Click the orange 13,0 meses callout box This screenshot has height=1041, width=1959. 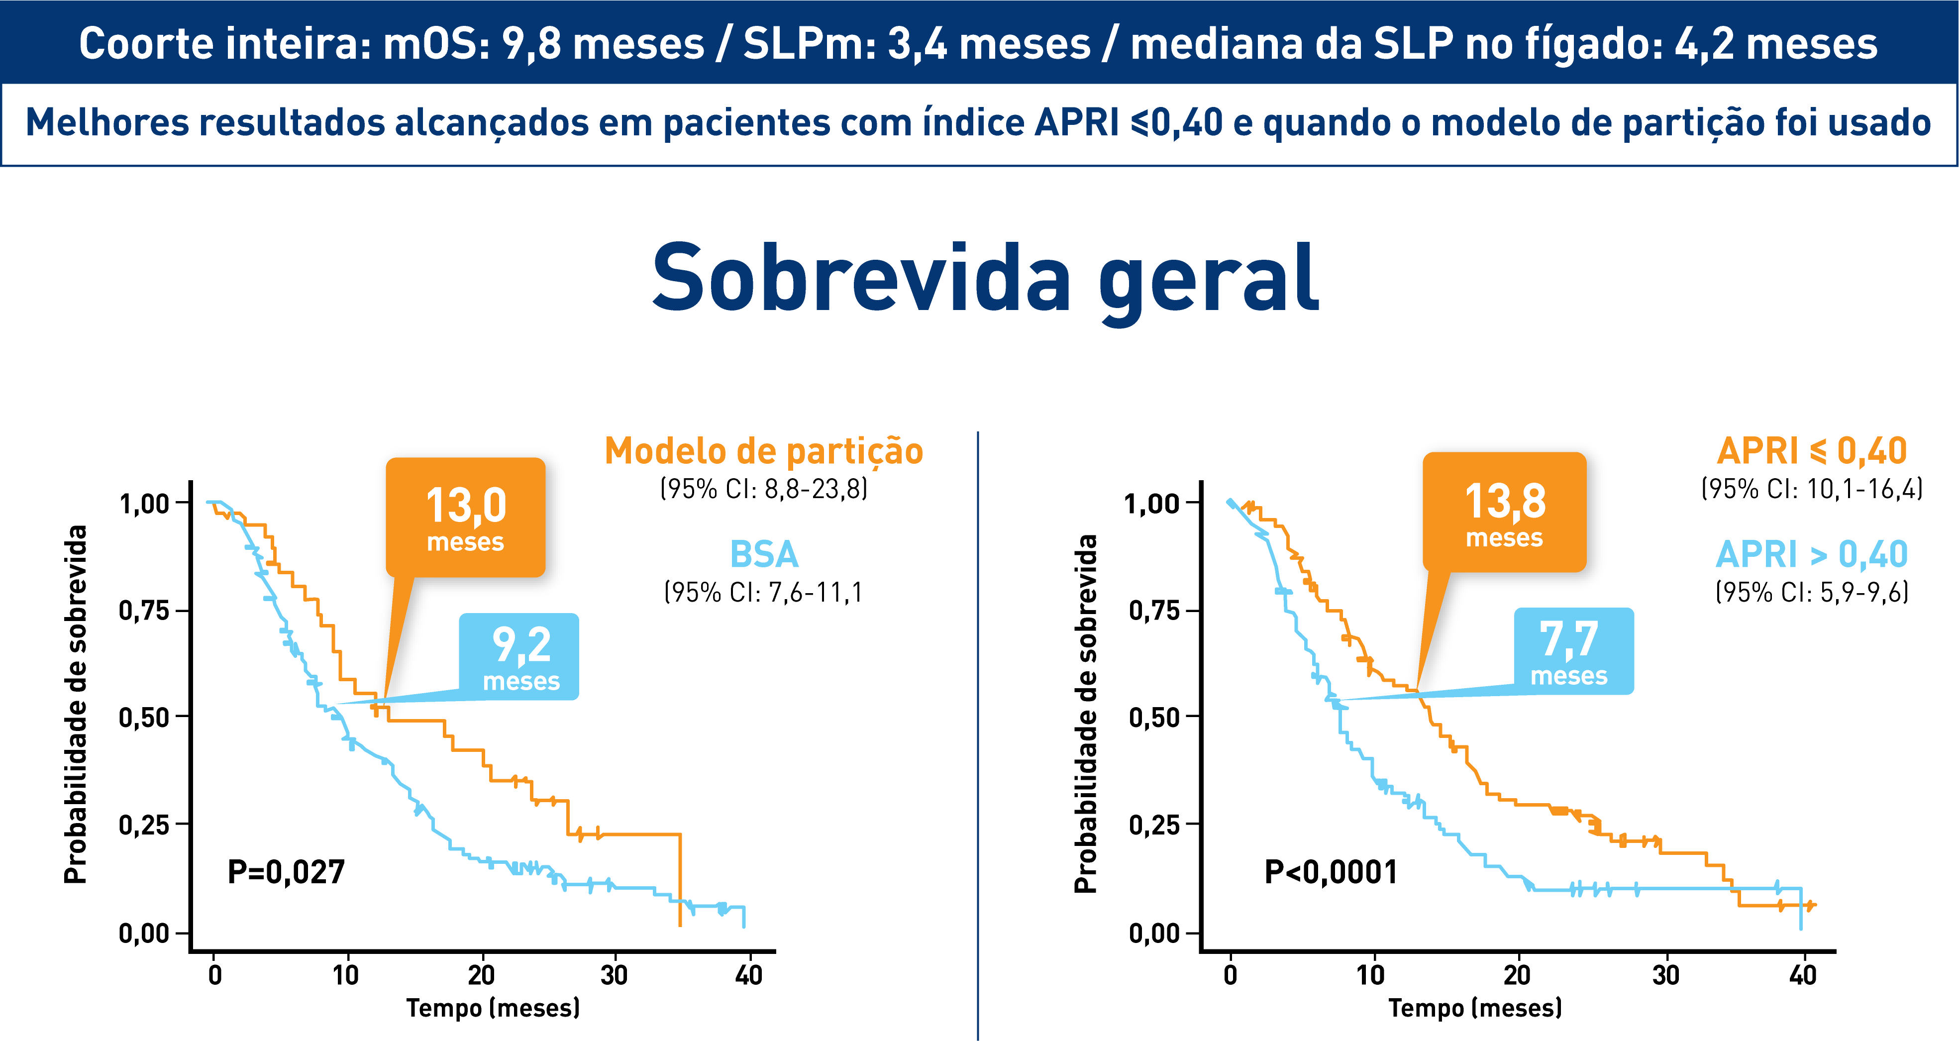pos(465,517)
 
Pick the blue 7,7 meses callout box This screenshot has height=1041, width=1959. pos(1573,651)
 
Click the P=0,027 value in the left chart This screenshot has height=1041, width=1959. pos(286,871)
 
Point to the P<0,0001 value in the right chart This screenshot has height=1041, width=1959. pos(1330,871)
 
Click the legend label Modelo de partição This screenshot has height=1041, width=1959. pos(763,452)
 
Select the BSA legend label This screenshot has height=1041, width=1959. pos(763,554)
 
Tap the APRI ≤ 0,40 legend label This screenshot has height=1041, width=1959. pos(1812,452)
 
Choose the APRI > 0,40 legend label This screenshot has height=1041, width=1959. pos(1812,554)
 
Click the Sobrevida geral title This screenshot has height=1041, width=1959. pos(986,279)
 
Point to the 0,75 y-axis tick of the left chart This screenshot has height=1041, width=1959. pos(144,610)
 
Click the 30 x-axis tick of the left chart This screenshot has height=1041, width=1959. pos(614,975)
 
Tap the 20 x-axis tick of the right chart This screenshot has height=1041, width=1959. pos(1517,975)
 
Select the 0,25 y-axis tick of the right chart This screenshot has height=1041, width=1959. pos(1153,824)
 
